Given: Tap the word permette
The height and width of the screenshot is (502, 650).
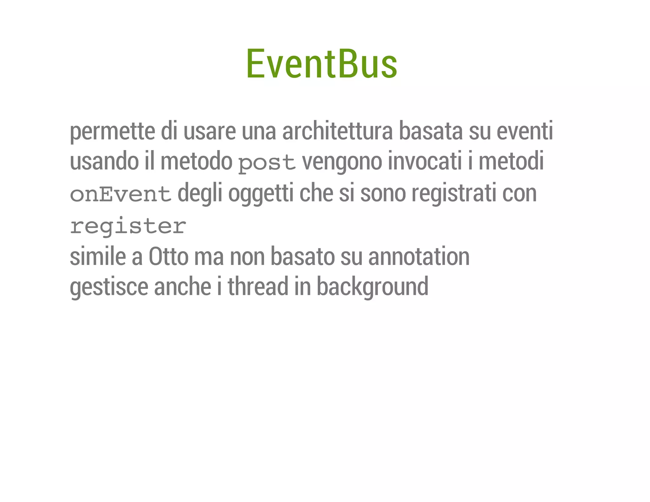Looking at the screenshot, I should (112, 131).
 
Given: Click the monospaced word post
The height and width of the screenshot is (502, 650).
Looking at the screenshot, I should (267, 163).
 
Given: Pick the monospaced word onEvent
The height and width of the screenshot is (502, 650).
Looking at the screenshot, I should (121, 194).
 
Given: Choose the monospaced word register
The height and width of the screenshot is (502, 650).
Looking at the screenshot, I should (128, 226).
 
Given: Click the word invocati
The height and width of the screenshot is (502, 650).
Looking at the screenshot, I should (425, 161).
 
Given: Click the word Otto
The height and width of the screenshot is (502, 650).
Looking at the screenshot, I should (169, 256).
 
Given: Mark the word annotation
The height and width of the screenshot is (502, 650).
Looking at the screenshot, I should (419, 256).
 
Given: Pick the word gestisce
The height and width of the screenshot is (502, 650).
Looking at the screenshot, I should (109, 287).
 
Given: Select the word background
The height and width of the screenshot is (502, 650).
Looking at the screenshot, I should (372, 287).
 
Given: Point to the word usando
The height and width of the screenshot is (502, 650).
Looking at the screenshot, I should (104, 161).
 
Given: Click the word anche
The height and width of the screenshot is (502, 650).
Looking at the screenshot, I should (182, 286).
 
